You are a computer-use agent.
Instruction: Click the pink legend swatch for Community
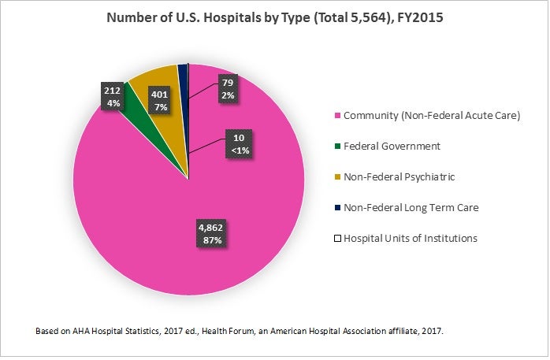[x=337, y=116]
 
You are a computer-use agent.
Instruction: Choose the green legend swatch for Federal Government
[x=337, y=147]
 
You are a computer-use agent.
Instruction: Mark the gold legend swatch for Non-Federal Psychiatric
[x=337, y=177]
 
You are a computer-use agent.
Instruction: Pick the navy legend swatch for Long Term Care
[x=337, y=208]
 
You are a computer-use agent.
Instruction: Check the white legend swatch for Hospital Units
[x=337, y=238]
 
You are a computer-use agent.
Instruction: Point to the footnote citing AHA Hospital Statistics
[x=240, y=332]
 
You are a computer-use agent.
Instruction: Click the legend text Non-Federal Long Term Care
[x=410, y=208]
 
